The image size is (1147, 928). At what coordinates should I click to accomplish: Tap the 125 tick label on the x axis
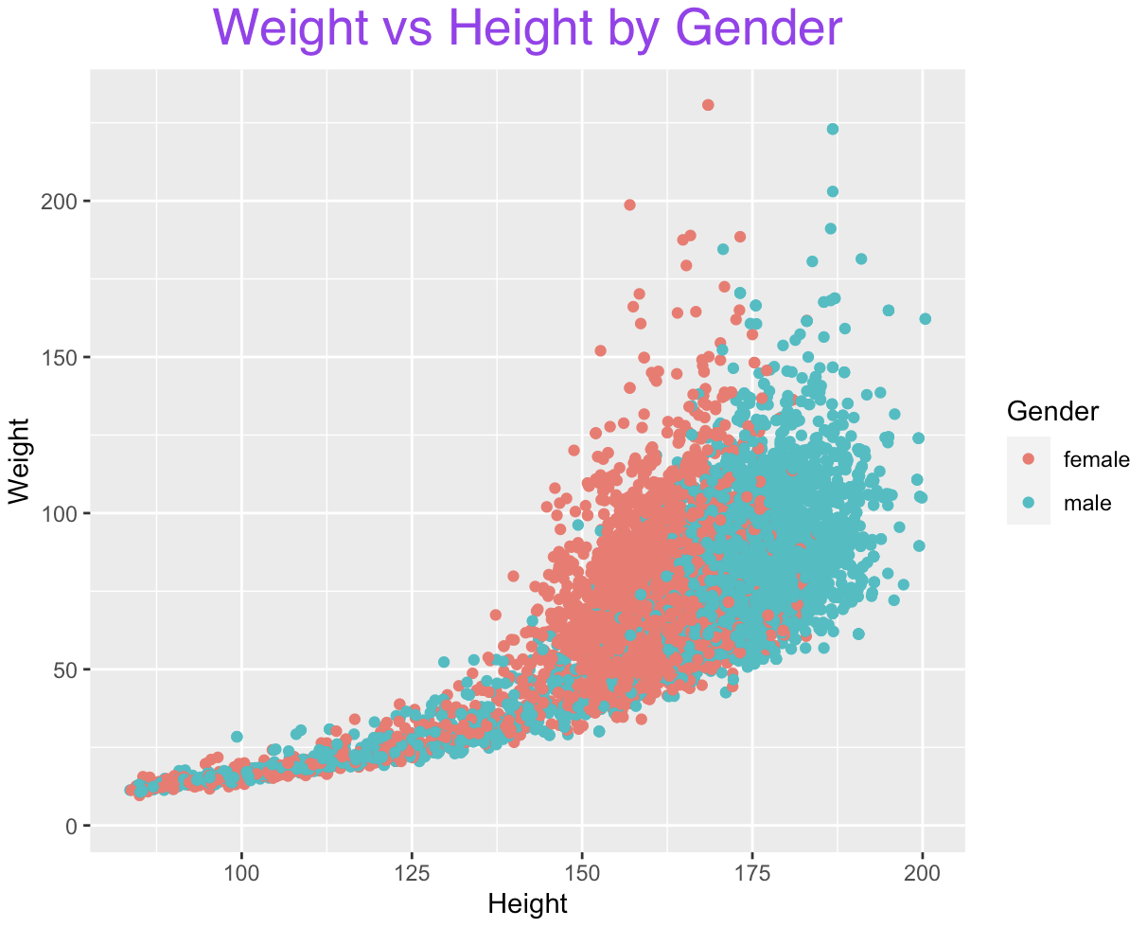[412, 873]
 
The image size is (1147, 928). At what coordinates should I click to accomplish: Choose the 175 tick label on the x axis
[752, 873]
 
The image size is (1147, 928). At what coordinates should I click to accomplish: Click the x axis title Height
[527, 904]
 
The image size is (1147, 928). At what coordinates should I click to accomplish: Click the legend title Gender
[1052, 411]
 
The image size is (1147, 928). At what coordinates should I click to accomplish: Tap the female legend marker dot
[1029, 460]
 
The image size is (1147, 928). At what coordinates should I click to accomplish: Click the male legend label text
[1087, 504]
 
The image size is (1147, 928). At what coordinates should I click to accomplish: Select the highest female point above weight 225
[708, 105]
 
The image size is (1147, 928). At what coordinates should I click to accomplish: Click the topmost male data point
[833, 129]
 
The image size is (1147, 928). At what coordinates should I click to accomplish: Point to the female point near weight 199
[629, 205]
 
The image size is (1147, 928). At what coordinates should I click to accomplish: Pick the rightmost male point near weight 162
[926, 319]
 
